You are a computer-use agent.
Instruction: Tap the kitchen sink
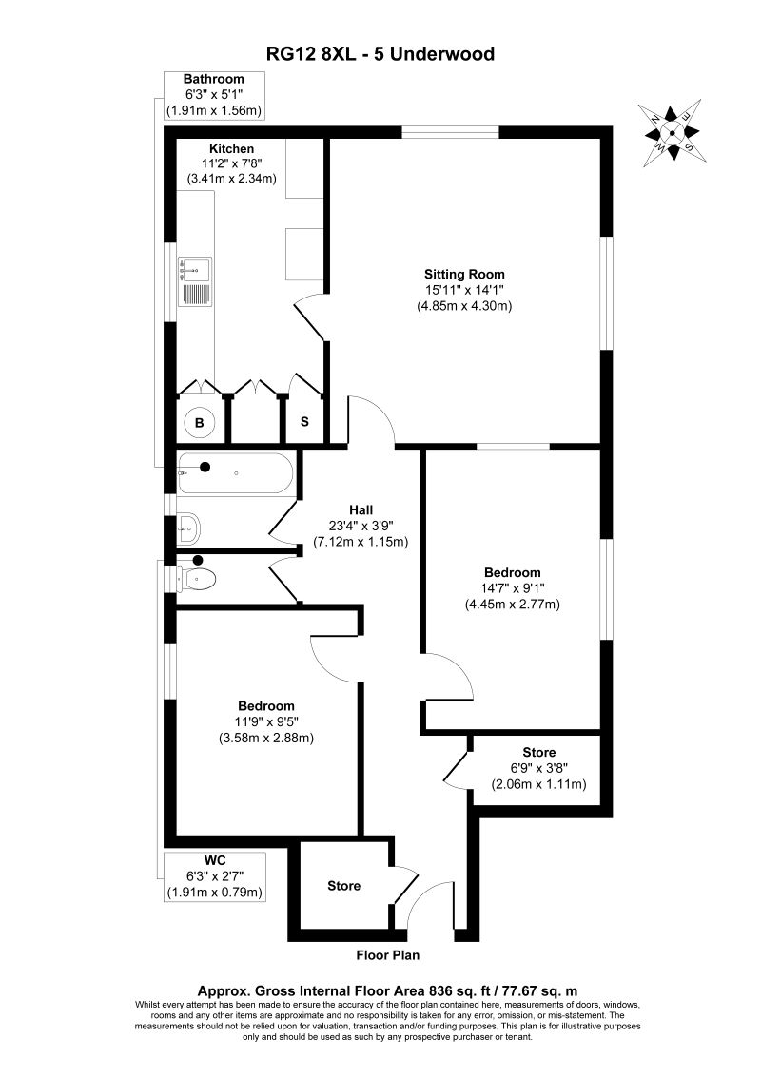point(196,281)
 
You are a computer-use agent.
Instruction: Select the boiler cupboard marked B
point(201,422)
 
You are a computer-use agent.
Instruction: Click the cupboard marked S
point(304,421)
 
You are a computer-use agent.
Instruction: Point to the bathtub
point(237,472)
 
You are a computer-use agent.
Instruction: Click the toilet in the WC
point(200,577)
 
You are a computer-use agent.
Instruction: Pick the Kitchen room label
point(232,149)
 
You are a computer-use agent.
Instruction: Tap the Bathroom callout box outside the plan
point(213,95)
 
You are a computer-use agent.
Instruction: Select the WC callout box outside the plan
point(213,875)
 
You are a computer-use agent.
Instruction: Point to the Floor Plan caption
point(387,955)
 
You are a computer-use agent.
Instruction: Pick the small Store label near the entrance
point(343,886)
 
